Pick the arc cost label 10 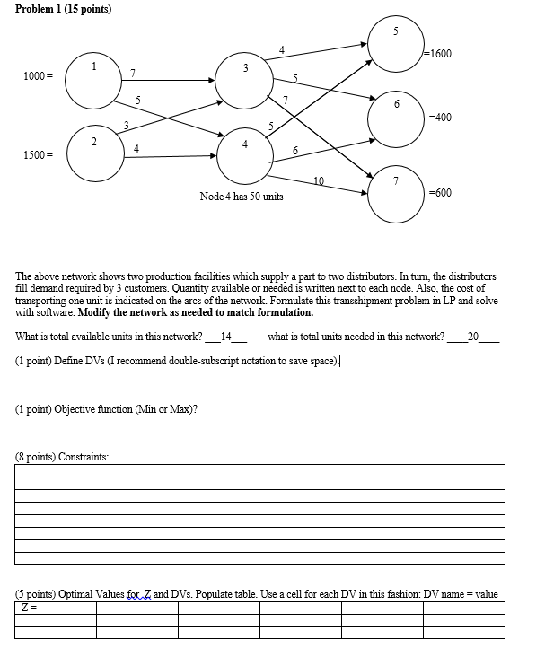pyautogui.click(x=319, y=181)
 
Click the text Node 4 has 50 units pyautogui.click(x=242, y=196)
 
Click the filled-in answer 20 pyautogui.click(x=474, y=337)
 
